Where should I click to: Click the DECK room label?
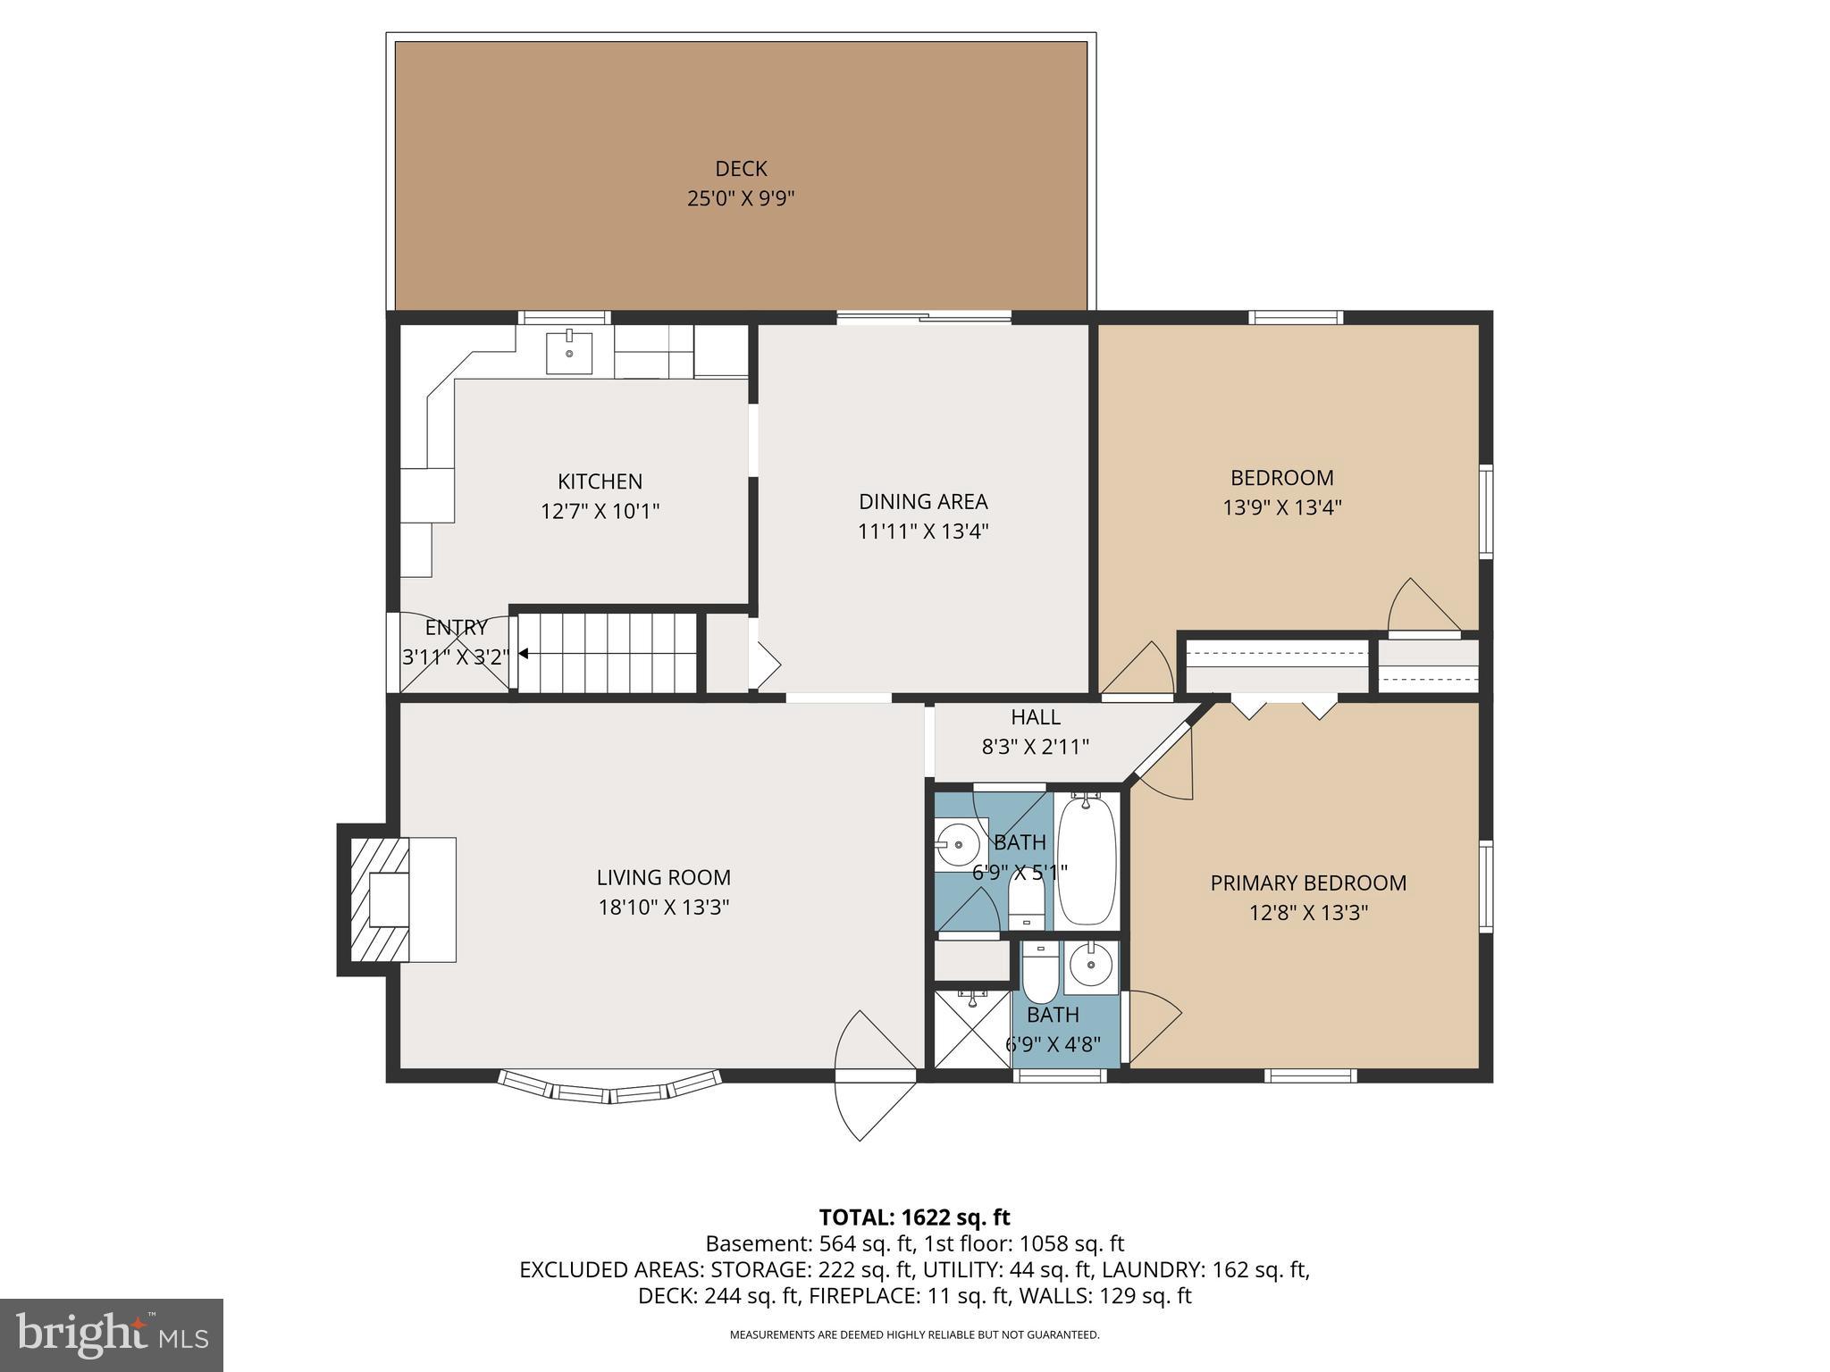coord(741,169)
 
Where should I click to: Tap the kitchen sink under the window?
coord(568,352)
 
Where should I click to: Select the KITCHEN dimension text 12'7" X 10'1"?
coord(600,512)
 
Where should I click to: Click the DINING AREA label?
coord(923,501)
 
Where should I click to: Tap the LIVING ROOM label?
coord(663,877)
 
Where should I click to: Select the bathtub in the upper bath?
coord(1087,861)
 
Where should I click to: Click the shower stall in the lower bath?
coord(971,1029)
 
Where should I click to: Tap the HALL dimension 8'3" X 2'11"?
coord(1035,747)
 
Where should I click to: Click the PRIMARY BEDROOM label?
coord(1307,883)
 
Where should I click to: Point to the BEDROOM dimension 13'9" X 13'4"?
coord(1281,507)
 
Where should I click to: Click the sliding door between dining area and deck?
coord(923,317)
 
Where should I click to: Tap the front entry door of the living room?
coord(876,1076)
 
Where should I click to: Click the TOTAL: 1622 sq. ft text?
coord(914,1217)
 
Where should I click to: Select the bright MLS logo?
coord(112,1334)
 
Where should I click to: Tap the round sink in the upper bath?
coord(960,842)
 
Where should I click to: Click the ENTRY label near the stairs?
coord(456,627)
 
